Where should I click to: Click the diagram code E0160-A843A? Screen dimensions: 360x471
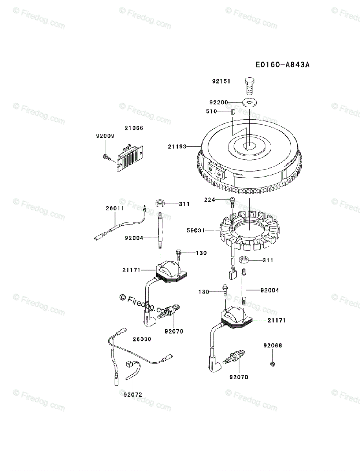pos(282,64)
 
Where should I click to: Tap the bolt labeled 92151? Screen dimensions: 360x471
pos(250,84)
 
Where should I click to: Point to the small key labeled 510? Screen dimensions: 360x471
pos(232,111)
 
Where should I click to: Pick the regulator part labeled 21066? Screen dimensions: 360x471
pos(130,157)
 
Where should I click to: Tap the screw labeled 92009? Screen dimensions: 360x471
pos(106,157)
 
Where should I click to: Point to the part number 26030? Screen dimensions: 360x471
pos(142,339)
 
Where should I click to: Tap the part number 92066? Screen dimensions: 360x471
pos(272,345)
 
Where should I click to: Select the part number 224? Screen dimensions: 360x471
pos(210,200)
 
